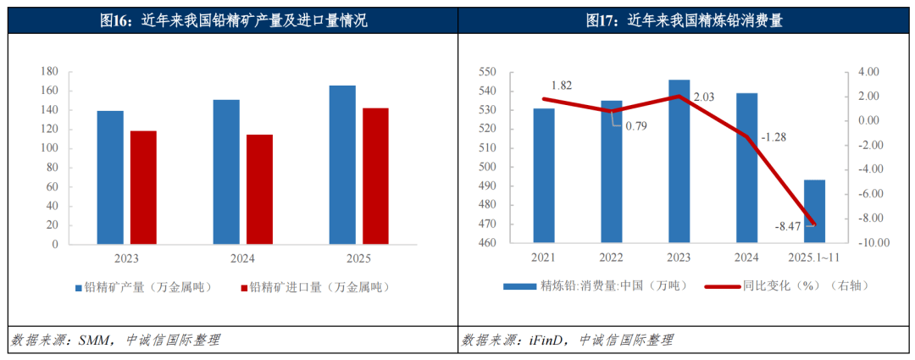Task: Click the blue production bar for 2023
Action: tap(110, 178)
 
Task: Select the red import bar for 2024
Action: tap(259, 189)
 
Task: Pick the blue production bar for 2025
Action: tap(342, 165)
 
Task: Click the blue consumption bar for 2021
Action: tap(544, 175)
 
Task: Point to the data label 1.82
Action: tap(561, 86)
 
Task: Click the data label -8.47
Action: tap(788, 226)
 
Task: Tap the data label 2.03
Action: tap(703, 97)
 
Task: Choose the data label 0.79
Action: tap(635, 126)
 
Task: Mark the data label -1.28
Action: tap(772, 136)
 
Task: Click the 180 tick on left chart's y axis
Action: tap(50, 72)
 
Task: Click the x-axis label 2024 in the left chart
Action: tap(242, 259)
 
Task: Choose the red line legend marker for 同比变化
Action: tap(722, 286)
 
